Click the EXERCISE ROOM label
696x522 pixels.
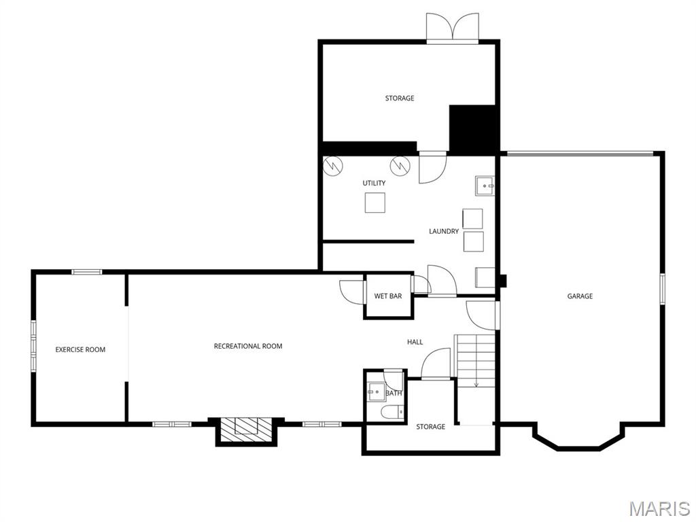80,349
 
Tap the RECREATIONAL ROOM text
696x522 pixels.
247,346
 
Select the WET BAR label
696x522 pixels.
388,296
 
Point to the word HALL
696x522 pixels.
415,342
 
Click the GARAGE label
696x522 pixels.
580,296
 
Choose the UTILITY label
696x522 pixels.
374,183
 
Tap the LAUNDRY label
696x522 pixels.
444,231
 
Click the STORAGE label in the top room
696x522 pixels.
400,99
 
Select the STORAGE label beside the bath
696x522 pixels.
431,426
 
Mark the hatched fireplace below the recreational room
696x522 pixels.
246,426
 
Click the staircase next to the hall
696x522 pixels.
476,361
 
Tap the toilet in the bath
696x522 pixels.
391,412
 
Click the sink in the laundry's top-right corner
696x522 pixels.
485,185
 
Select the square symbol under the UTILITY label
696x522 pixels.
375,203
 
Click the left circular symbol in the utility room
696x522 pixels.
332,165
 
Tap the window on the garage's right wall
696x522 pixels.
663,289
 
